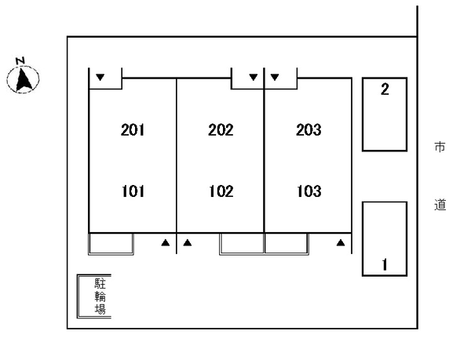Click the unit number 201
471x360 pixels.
click(x=133, y=130)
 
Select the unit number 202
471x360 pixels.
click(x=221, y=130)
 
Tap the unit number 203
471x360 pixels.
click(x=309, y=130)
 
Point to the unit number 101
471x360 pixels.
click(x=133, y=191)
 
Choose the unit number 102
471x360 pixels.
click(x=221, y=191)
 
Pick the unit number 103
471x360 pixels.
click(x=309, y=191)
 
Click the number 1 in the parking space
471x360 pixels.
click(x=384, y=264)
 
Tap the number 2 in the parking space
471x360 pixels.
click(x=384, y=89)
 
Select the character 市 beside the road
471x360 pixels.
click(x=440, y=147)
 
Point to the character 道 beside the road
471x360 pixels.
click(x=440, y=205)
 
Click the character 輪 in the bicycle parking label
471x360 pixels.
click(x=100, y=296)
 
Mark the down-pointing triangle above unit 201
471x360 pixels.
click(x=100, y=78)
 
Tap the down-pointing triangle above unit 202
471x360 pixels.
click(x=253, y=78)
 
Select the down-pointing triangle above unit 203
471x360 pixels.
click(x=275, y=78)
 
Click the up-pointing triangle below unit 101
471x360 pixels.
click(x=166, y=243)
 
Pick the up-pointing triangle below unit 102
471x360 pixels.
click(x=188, y=243)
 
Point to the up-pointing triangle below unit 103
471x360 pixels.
click(x=340, y=243)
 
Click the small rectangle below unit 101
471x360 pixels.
click(x=111, y=243)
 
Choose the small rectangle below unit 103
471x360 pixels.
click(x=287, y=243)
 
